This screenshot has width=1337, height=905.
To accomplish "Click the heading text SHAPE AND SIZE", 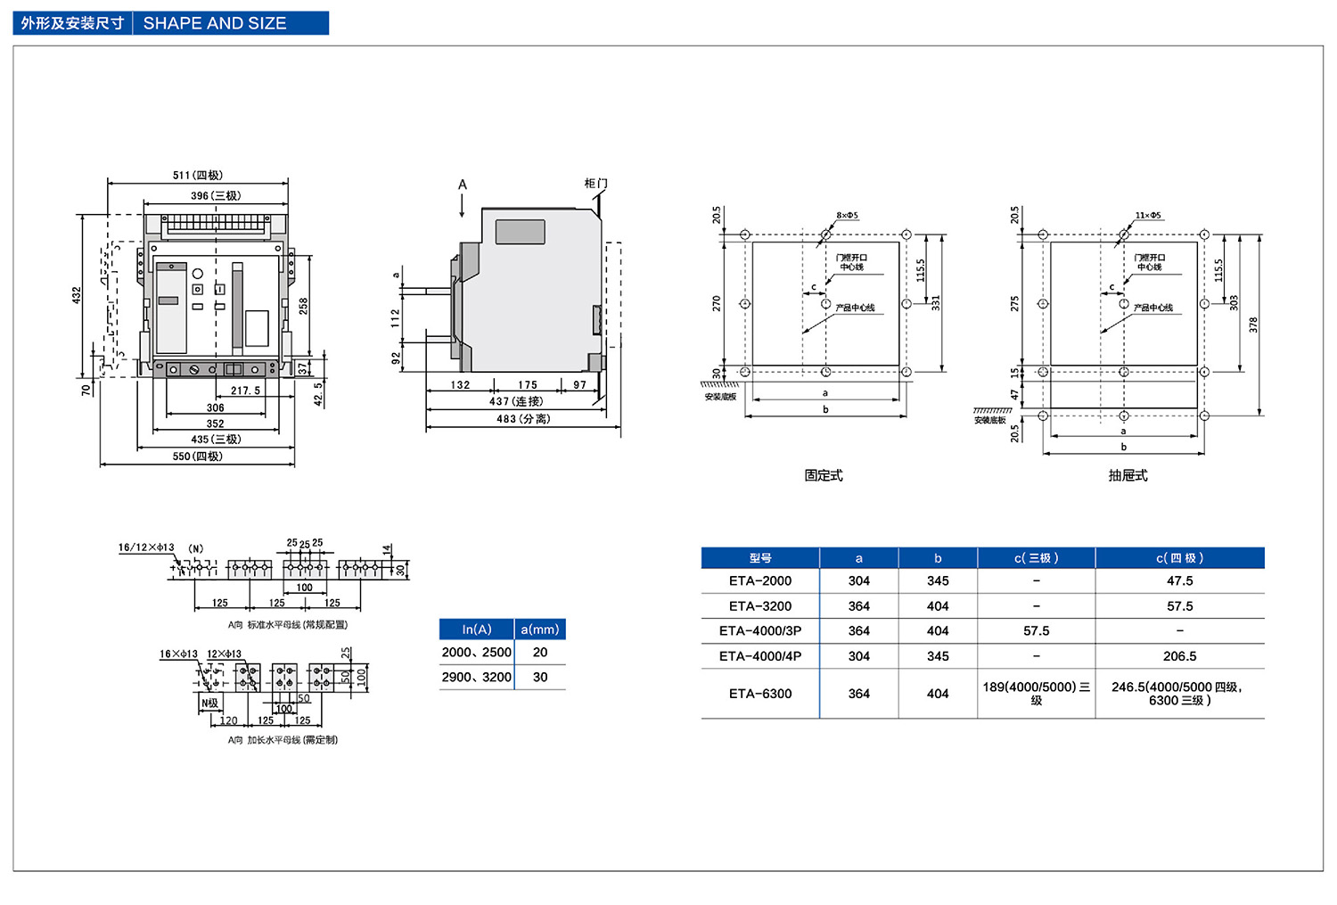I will pyautogui.click(x=215, y=23).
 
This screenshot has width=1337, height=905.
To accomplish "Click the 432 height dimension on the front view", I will pyautogui.click(x=77, y=295).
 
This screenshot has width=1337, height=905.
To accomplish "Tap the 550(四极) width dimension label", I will pyautogui.click(x=197, y=457).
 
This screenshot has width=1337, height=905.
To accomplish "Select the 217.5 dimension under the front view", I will pyautogui.click(x=245, y=391).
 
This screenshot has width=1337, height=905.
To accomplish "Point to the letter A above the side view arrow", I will pyautogui.click(x=463, y=185).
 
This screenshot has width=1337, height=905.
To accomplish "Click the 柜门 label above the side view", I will pyautogui.click(x=595, y=184).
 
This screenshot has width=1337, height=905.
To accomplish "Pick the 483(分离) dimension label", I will pyautogui.click(x=523, y=419).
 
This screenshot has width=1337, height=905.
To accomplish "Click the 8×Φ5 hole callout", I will pyautogui.click(x=847, y=216).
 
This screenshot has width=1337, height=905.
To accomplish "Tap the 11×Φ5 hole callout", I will pyautogui.click(x=1148, y=216).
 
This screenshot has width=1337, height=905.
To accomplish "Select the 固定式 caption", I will pyautogui.click(x=824, y=476).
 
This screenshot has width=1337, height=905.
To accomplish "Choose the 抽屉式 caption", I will pyautogui.click(x=1128, y=476).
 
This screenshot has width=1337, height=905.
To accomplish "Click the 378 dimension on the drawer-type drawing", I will pyautogui.click(x=1253, y=325).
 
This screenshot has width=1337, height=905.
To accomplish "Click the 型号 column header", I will pyautogui.click(x=760, y=558).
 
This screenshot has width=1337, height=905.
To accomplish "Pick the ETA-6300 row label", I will pyautogui.click(x=760, y=694).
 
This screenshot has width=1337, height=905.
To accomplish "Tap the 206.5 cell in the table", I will pyautogui.click(x=1179, y=656).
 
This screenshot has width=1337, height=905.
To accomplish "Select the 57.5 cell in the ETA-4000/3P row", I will pyautogui.click(x=1036, y=631).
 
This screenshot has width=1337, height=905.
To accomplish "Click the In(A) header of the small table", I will pyautogui.click(x=477, y=629).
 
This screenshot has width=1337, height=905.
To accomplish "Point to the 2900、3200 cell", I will pyautogui.click(x=477, y=678).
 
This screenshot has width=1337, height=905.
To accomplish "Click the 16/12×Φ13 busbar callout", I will pyautogui.click(x=146, y=547).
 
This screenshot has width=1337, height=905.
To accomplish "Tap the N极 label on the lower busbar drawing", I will pyautogui.click(x=209, y=703).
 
